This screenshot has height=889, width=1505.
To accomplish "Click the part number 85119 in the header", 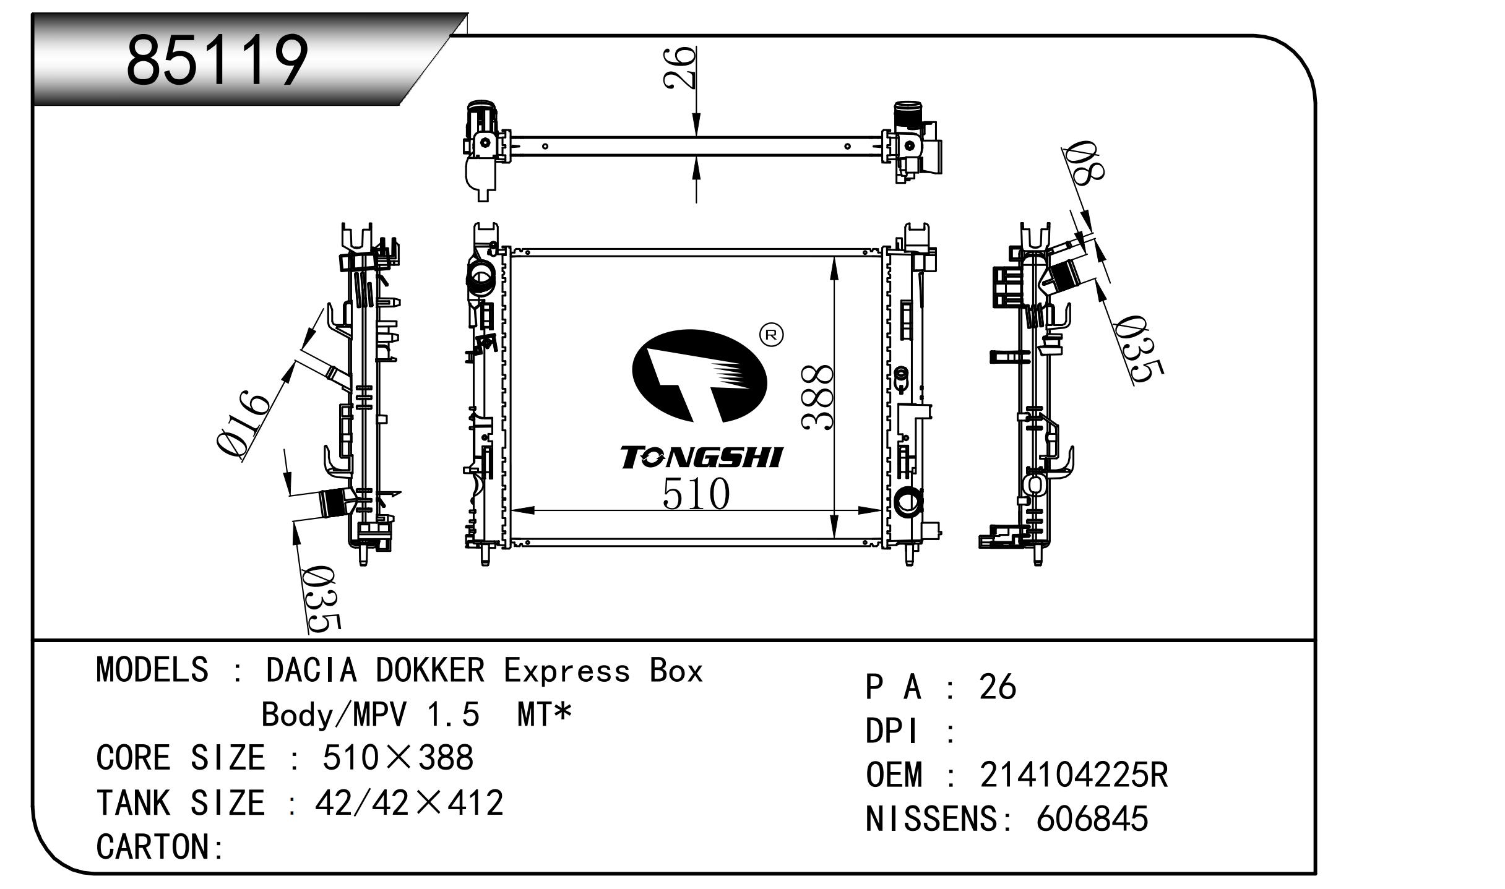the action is tap(217, 60).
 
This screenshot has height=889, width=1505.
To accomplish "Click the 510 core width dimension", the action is tap(696, 494).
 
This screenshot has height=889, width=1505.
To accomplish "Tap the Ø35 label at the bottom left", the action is tap(321, 599).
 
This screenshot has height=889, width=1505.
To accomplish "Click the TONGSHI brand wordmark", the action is tap(702, 457).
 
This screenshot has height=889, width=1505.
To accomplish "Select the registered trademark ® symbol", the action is tap(771, 335).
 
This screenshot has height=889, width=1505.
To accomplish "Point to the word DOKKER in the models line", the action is tap(430, 670).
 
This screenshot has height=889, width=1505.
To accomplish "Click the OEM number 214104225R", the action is tap(1074, 775).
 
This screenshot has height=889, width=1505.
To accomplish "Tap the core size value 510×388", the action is tap(398, 757).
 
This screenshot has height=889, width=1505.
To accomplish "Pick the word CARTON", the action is tap(153, 846).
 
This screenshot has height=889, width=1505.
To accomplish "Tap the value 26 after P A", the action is tap(998, 687).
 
